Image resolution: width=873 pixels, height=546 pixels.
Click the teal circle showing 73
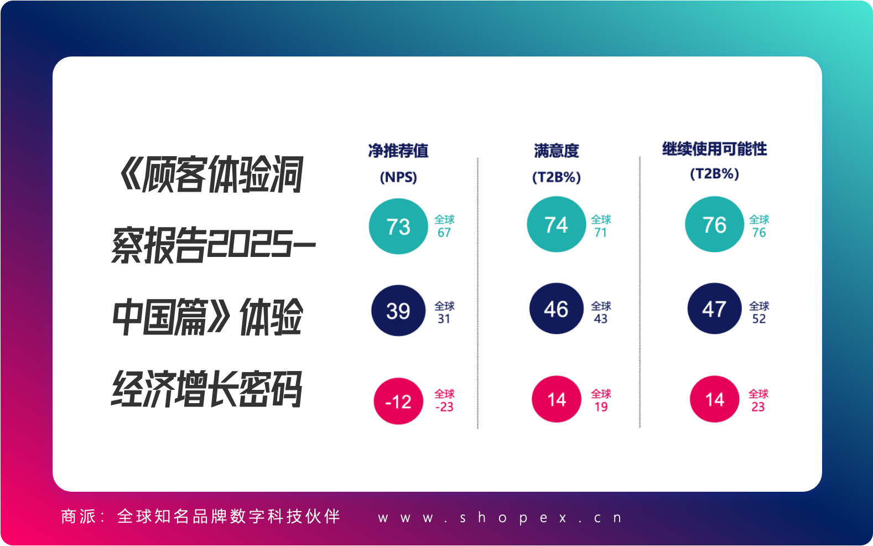398,226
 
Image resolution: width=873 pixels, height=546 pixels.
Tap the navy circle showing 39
398,311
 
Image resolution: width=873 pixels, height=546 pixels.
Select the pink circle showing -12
398,401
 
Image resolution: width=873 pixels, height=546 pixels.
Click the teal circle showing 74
557,224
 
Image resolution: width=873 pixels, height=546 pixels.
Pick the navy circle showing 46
557,308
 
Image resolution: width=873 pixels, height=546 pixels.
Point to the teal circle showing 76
715,224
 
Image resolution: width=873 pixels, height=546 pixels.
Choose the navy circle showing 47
715,308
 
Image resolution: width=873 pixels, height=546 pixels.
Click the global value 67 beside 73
444,233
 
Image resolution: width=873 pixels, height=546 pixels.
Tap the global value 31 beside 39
444,318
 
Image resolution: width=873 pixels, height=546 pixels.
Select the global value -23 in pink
444,407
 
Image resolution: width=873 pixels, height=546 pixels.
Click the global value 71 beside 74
601,233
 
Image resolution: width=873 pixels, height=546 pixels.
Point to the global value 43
601,318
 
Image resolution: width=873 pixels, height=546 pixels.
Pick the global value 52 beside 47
759,318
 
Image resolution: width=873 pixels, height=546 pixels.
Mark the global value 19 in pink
601,407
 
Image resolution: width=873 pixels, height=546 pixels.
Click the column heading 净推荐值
398,151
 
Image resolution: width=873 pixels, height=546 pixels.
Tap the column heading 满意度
557,151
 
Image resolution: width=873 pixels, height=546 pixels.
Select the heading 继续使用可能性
715,148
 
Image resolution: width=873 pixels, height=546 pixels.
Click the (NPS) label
398,177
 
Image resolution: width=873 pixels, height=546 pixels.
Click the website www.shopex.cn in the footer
500,518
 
